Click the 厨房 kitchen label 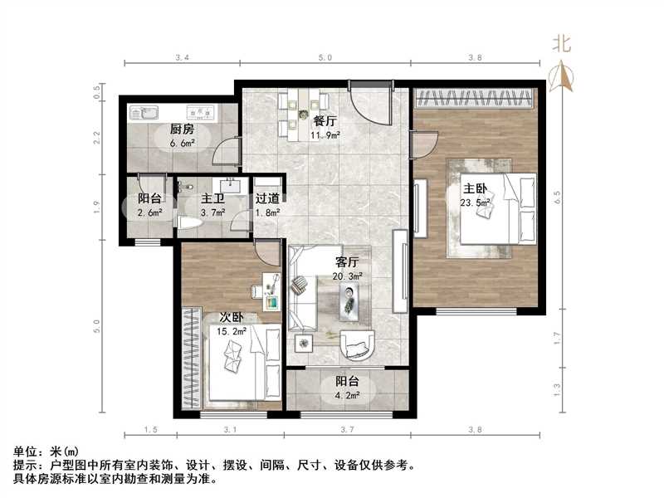[x=182, y=129]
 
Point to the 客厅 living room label [x=347, y=262]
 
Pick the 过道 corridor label [x=266, y=199]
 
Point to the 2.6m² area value [x=149, y=212]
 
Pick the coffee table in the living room [x=349, y=300]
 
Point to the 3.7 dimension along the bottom [x=348, y=429]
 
